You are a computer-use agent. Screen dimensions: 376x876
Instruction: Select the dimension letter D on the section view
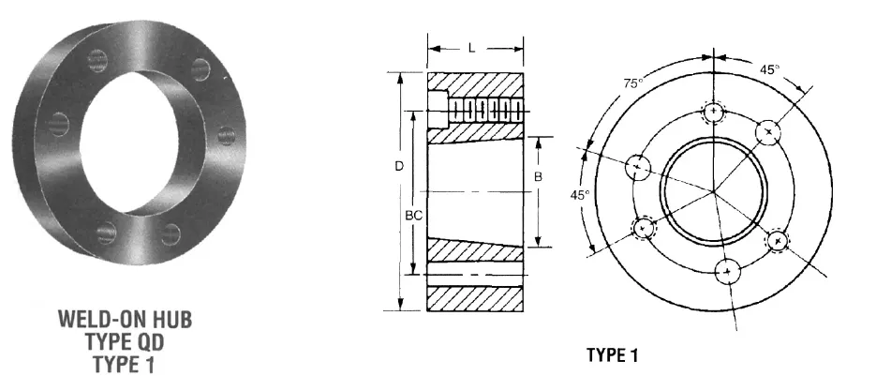(x=399, y=166)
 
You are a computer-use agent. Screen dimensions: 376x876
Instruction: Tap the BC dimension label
(x=412, y=215)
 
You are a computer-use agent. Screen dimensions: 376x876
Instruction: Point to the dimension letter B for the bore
(x=538, y=176)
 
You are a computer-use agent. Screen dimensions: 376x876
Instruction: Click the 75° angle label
(x=633, y=84)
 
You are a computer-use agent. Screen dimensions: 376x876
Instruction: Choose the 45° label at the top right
(x=770, y=68)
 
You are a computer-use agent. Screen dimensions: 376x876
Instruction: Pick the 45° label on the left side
(x=580, y=195)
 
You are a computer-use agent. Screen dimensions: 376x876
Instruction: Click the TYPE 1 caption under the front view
(x=612, y=355)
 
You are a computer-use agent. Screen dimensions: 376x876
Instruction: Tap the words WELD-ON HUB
(x=125, y=320)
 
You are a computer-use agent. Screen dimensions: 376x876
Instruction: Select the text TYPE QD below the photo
(x=125, y=338)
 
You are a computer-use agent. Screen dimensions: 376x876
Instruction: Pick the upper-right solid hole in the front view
(x=769, y=131)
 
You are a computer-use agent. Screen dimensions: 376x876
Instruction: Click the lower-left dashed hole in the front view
(x=644, y=228)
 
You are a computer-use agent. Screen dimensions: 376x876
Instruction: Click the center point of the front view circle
(x=714, y=191)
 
